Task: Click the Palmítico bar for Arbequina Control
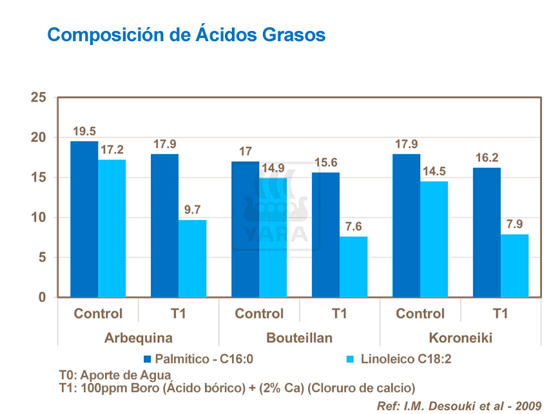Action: (x=84, y=219)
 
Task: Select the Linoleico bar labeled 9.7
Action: (x=192, y=258)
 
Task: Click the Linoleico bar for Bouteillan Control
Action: (x=273, y=238)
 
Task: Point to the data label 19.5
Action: (x=84, y=131)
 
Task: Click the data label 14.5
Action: (x=434, y=171)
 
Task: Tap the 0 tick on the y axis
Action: (x=43, y=297)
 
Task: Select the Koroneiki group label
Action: (x=460, y=337)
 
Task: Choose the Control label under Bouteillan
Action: (x=259, y=314)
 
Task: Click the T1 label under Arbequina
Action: (x=179, y=314)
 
